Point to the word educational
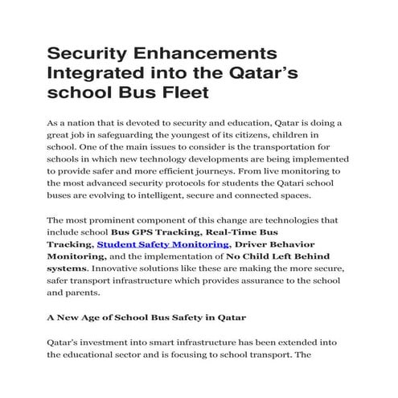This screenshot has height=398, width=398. pyautogui.click(x=95, y=355)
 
